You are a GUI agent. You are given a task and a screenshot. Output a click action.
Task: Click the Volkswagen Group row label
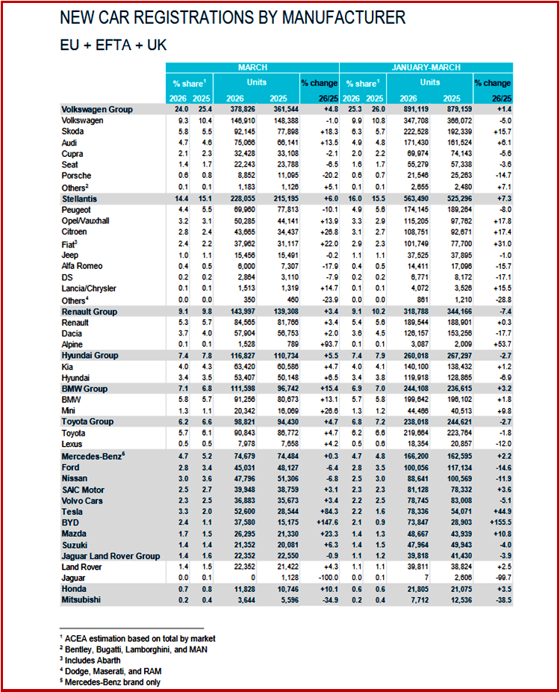(97, 110)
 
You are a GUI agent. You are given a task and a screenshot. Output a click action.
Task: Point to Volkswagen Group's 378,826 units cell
(228, 110)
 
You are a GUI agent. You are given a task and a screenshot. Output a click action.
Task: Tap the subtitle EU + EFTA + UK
(113, 45)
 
